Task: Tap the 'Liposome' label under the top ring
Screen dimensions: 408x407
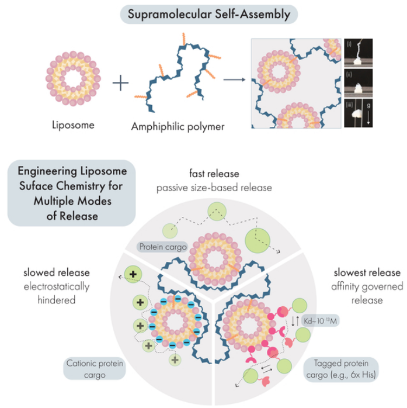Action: click(x=72, y=125)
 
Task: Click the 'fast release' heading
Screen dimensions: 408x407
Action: click(x=214, y=174)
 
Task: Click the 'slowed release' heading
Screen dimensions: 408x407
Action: click(x=57, y=273)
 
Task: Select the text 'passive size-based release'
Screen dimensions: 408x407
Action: click(x=214, y=188)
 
